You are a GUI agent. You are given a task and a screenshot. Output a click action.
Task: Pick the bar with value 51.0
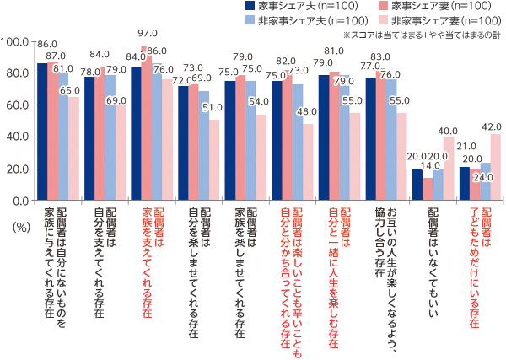[x=210, y=160]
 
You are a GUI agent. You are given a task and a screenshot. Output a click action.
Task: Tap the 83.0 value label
[x=379, y=56]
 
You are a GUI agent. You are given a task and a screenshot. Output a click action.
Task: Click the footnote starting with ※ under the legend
[x=423, y=34]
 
